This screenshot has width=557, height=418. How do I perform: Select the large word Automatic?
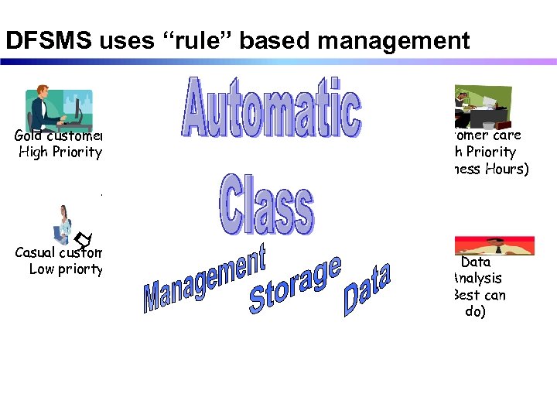271,108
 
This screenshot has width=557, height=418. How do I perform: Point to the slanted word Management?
204,278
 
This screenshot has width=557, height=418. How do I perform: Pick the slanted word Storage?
295,286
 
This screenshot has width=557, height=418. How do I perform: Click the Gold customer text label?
59,135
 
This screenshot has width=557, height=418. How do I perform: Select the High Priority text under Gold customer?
60,152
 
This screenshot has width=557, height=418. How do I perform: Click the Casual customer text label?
59,252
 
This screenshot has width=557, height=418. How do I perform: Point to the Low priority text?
66,269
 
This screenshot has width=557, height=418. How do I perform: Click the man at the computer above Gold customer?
59,108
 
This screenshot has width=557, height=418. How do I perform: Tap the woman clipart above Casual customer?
63,224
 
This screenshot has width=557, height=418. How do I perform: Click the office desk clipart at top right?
484,108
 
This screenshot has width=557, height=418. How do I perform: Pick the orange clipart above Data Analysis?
496,245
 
